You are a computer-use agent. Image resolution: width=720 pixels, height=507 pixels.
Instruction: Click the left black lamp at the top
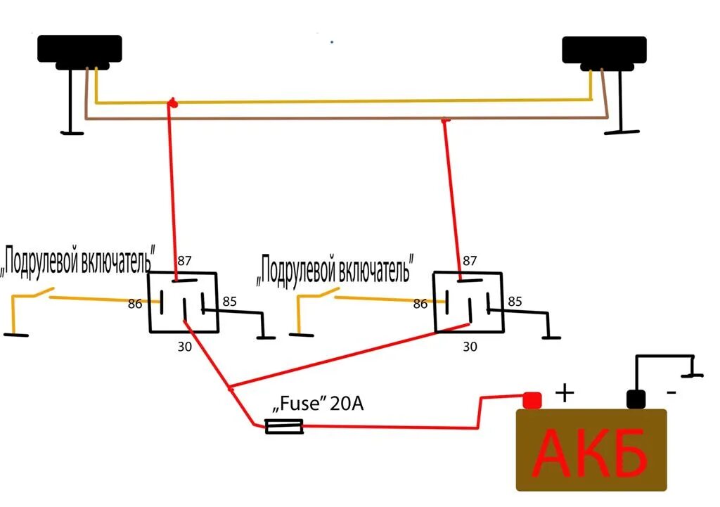coord(79,51)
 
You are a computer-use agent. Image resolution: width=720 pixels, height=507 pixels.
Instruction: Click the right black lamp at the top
coord(604,50)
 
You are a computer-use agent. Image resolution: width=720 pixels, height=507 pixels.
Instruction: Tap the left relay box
coord(183,302)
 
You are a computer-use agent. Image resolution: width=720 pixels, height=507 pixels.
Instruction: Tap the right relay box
coord(468,302)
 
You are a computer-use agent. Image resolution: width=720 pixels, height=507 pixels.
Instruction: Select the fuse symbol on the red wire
coord(284,426)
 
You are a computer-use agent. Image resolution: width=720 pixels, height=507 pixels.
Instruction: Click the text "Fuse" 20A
coord(318,405)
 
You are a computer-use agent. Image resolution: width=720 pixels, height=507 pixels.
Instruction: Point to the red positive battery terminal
coord(532,399)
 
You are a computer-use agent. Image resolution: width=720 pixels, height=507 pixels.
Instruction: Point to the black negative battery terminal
coord(636,399)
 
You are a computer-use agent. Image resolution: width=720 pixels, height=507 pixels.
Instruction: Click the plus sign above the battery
coord(565,392)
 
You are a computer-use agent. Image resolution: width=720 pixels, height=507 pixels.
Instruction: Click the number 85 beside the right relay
coord(515,302)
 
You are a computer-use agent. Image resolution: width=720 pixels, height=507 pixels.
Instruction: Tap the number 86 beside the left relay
coord(134,304)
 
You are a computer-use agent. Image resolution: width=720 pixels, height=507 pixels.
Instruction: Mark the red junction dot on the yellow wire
coord(171,104)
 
